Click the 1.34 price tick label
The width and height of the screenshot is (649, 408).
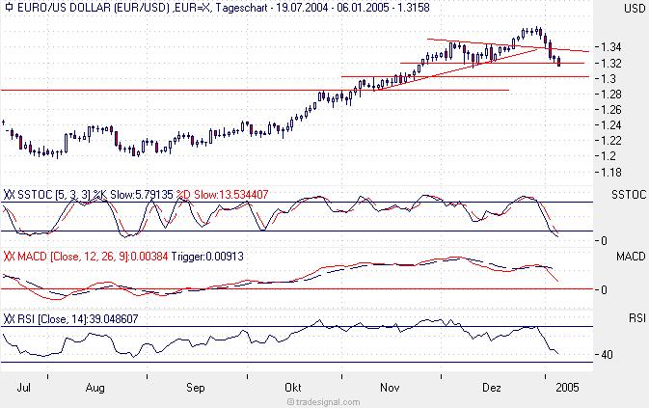pos(610,46)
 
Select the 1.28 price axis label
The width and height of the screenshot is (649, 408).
pos(610,94)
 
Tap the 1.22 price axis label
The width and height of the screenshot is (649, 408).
pos(610,140)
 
